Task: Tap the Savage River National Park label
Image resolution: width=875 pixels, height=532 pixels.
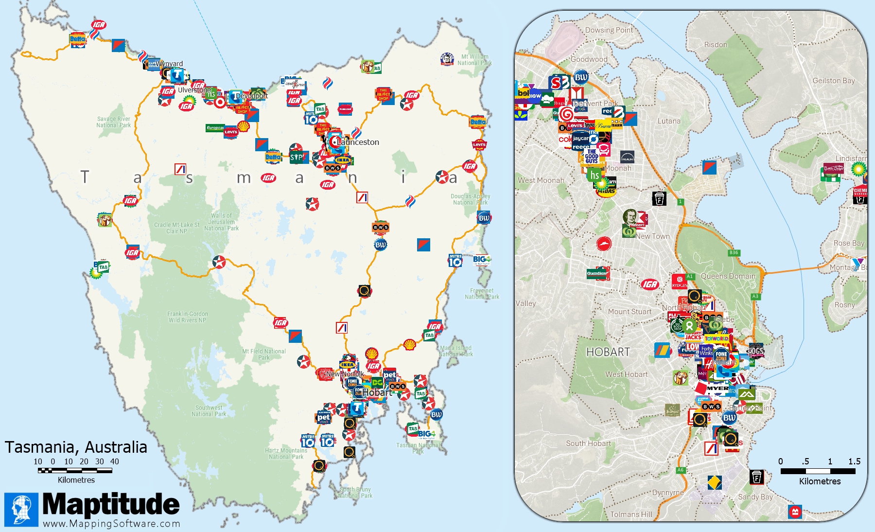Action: pyautogui.click(x=113, y=122)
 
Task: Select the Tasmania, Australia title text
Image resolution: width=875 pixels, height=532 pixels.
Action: pyautogui.click(x=76, y=447)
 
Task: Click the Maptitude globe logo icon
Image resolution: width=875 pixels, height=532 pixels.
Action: pyautogui.click(x=21, y=510)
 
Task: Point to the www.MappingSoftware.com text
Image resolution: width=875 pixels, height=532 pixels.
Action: pyautogui.click(x=111, y=524)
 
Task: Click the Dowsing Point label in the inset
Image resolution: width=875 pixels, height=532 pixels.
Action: pyautogui.click(x=609, y=30)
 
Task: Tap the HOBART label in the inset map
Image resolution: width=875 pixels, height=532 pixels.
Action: pyautogui.click(x=608, y=352)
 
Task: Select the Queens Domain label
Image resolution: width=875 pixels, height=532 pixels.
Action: pyautogui.click(x=728, y=276)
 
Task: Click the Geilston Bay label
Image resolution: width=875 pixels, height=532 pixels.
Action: pyautogui.click(x=833, y=81)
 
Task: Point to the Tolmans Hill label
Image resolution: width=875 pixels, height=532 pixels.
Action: pyautogui.click(x=631, y=514)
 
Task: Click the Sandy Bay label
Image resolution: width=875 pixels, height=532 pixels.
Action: pyautogui.click(x=755, y=497)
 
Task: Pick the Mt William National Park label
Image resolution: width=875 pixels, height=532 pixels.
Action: pyautogui.click(x=474, y=60)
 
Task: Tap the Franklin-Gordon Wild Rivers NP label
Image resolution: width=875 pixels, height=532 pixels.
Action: pyautogui.click(x=187, y=317)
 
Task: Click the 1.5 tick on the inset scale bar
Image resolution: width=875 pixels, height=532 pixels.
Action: pyautogui.click(x=854, y=461)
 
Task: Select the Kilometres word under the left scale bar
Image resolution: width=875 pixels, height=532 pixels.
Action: pyautogui.click(x=76, y=480)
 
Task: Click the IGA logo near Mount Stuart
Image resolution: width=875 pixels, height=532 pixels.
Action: pyautogui.click(x=649, y=284)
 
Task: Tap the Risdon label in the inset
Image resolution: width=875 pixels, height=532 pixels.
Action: pyautogui.click(x=716, y=45)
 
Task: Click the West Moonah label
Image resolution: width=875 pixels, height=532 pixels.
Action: pyautogui.click(x=541, y=180)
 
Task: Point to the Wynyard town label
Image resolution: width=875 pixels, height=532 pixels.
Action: pyautogui.click(x=170, y=64)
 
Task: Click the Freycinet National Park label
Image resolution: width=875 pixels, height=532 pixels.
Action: pyautogui.click(x=481, y=294)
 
